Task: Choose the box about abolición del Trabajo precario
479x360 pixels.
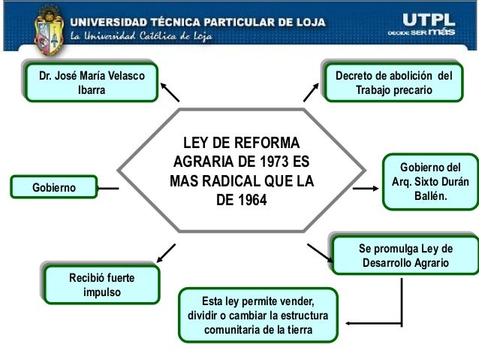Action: (x=394, y=83)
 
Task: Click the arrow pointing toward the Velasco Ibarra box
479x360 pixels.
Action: (x=170, y=91)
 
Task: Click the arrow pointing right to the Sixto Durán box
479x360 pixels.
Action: (x=366, y=188)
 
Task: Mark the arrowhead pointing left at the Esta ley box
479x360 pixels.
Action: (x=351, y=323)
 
